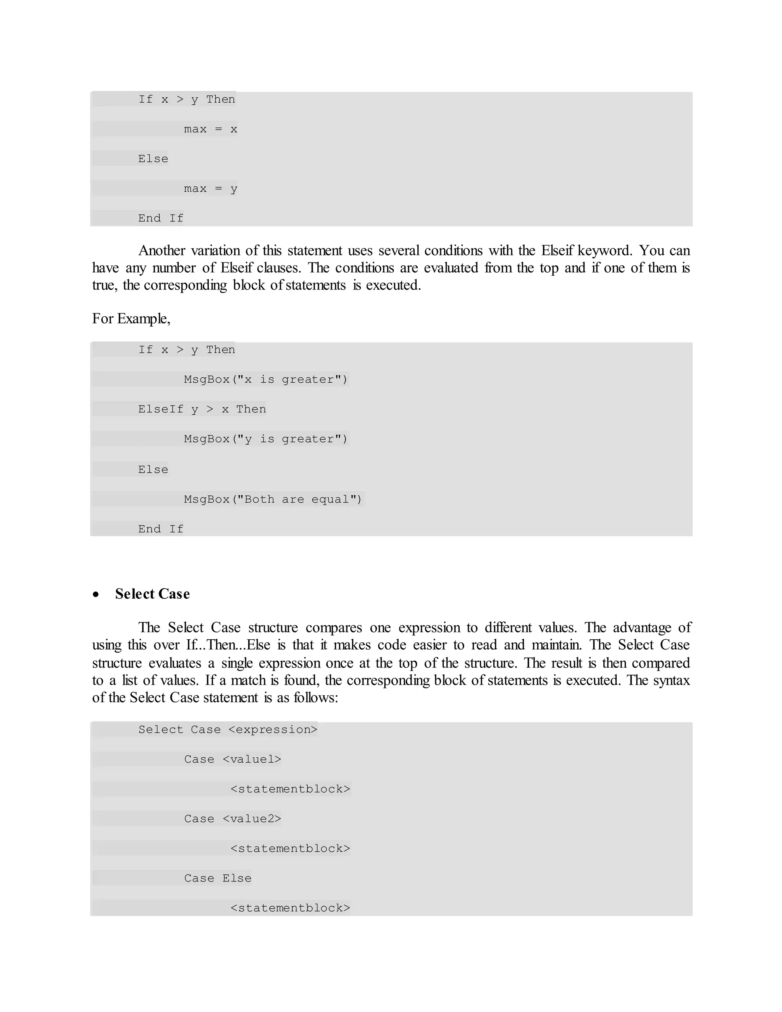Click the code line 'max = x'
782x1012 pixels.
click(x=210, y=129)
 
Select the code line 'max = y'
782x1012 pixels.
click(x=210, y=189)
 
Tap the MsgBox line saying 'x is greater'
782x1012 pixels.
click(x=265, y=380)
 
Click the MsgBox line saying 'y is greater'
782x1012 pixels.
click(x=265, y=439)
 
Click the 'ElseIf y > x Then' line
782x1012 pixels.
click(x=202, y=409)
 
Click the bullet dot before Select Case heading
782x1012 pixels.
click(x=96, y=595)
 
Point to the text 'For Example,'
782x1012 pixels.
click(x=131, y=318)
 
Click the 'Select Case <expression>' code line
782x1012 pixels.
click(x=228, y=729)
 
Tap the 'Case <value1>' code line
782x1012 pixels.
click(x=232, y=759)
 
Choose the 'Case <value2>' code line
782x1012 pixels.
click(x=232, y=819)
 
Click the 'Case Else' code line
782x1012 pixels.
click(x=217, y=878)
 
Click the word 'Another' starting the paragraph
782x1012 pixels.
click(x=162, y=251)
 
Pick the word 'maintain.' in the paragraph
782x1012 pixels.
click(x=556, y=645)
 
